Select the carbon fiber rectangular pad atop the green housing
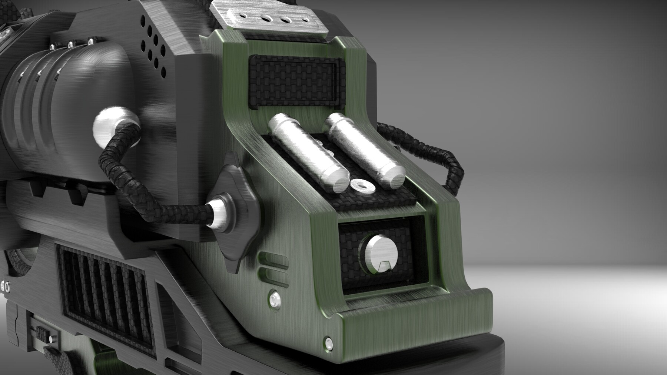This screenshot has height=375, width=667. (x=295, y=81)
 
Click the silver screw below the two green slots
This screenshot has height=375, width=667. (x=275, y=297)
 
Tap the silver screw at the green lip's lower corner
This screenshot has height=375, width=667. (x=328, y=341)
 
